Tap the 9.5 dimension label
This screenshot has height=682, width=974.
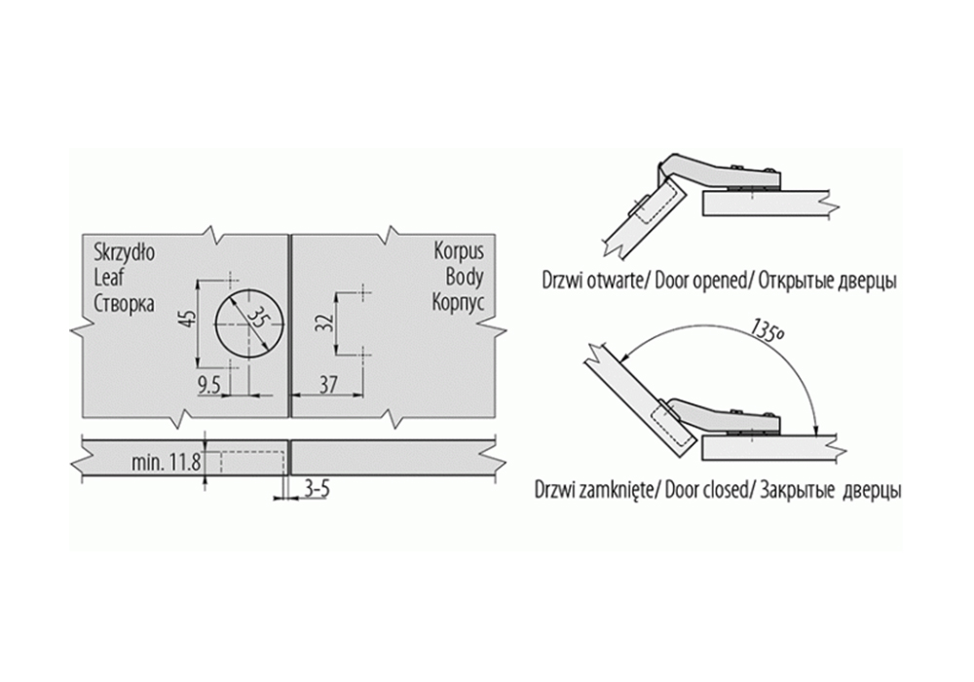pos(209,386)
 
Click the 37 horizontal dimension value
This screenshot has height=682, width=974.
pos(327,385)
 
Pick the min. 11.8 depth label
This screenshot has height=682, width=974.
pos(166,463)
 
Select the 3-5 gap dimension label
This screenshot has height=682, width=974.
pos(317,489)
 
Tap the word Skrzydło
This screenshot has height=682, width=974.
pos(125,252)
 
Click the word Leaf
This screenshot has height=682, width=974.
pos(109,277)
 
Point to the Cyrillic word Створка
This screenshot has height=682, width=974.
pos(125,303)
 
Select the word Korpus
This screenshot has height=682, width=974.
pos(459,251)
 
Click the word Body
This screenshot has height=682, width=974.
pos(465,277)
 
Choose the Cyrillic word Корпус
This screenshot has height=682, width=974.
pos(459,303)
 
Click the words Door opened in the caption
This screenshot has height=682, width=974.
pos(700,282)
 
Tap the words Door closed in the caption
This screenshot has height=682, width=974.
pos(705,490)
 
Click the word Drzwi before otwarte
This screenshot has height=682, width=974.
pos(561,282)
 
